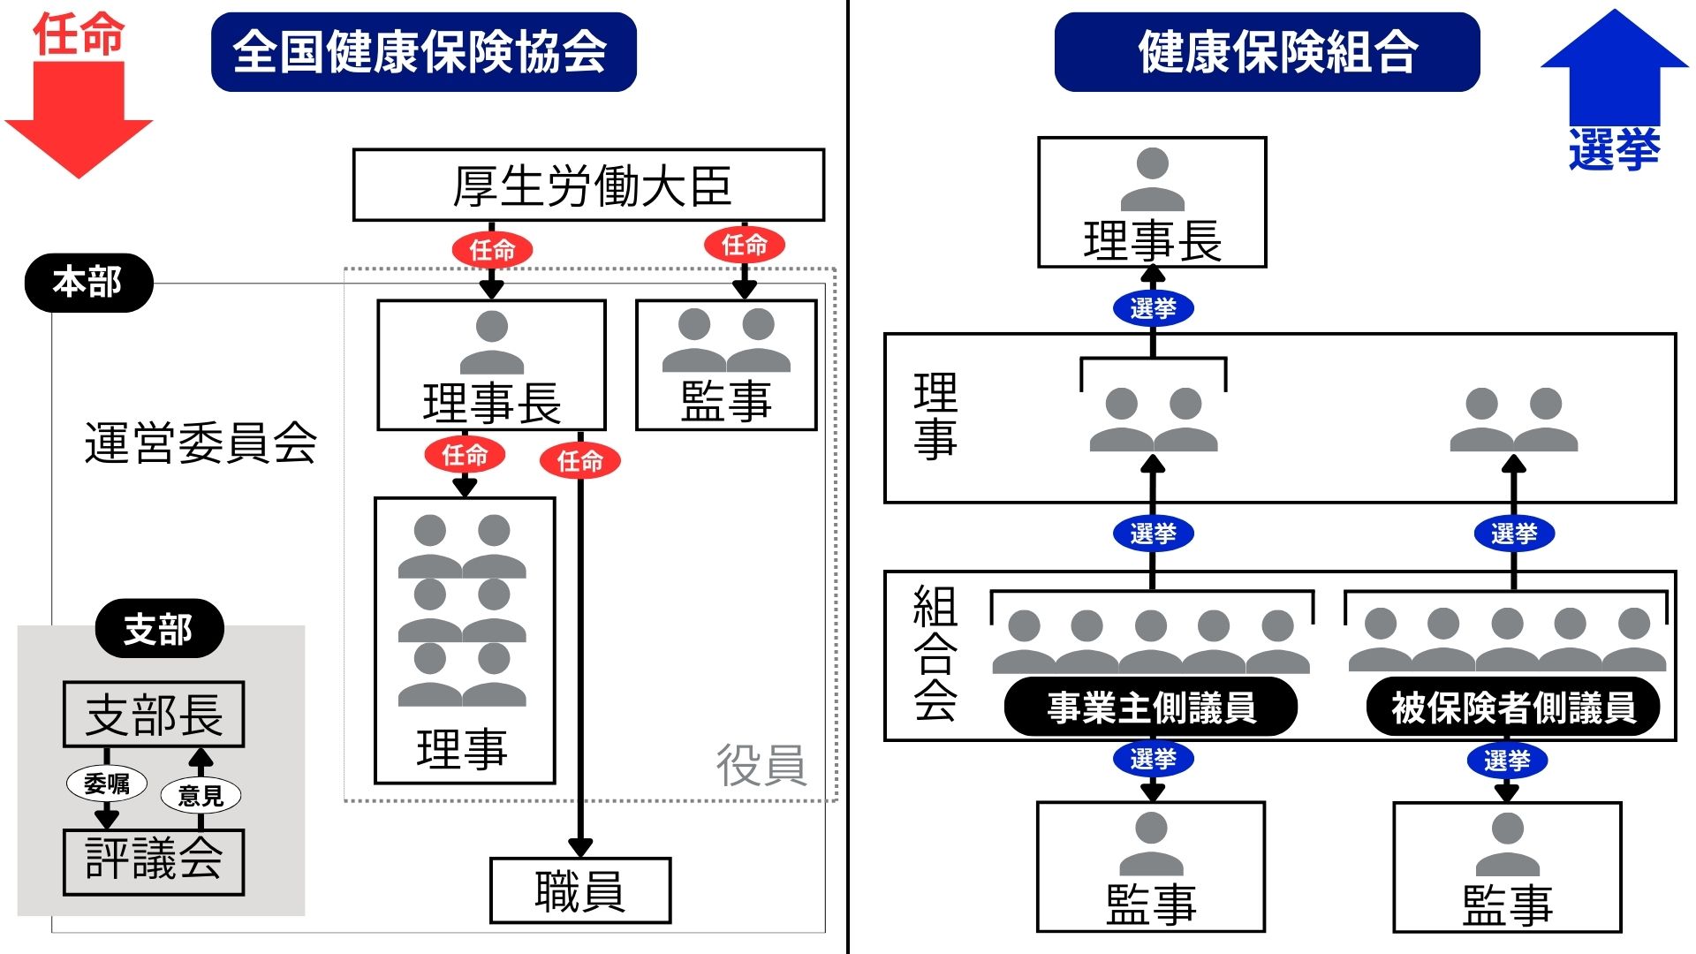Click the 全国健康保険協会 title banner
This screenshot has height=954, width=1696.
coord(423,51)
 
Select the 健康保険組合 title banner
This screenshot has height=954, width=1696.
coord(1267,51)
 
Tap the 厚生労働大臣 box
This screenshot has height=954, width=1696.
coord(588,185)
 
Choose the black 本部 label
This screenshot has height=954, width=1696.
coord(88,283)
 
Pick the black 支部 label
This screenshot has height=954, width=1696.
coord(159,629)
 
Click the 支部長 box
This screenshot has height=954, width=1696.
coord(154,714)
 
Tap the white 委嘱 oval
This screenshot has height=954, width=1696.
coord(107,784)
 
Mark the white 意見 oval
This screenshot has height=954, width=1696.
coord(201,795)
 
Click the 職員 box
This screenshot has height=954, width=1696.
coord(580,890)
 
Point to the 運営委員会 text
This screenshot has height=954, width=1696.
coord(201,443)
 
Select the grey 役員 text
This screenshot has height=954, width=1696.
coord(761,764)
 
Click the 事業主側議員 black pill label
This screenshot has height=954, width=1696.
coord(1151,707)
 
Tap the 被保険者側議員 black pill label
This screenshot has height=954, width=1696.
coord(1513,707)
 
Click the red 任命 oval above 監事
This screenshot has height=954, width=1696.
coord(745,245)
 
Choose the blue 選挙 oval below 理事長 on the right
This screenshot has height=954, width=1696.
coord(1153,308)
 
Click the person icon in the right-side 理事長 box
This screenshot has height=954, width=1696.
coord(1152,178)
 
